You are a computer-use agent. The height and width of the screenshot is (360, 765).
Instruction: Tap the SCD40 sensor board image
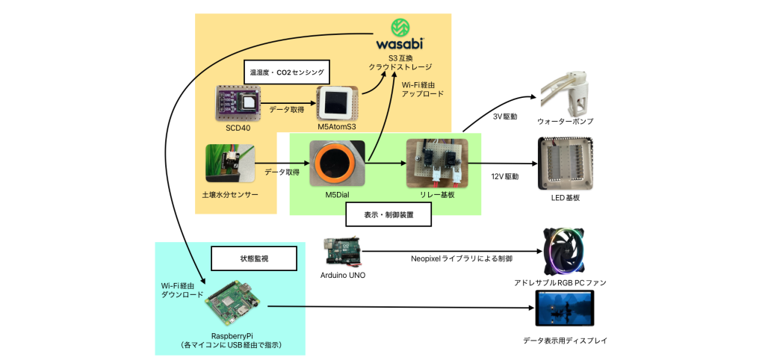(238, 104)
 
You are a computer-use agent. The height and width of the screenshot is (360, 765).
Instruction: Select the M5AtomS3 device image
(337, 103)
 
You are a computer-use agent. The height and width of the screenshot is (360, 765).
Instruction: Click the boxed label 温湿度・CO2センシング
(287, 73)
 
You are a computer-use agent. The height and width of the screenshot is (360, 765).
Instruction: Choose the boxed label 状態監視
(254, 258)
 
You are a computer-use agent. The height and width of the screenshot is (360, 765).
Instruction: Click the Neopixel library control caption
(461, 259)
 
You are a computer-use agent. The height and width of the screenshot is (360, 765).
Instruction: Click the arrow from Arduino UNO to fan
(456, 252)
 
